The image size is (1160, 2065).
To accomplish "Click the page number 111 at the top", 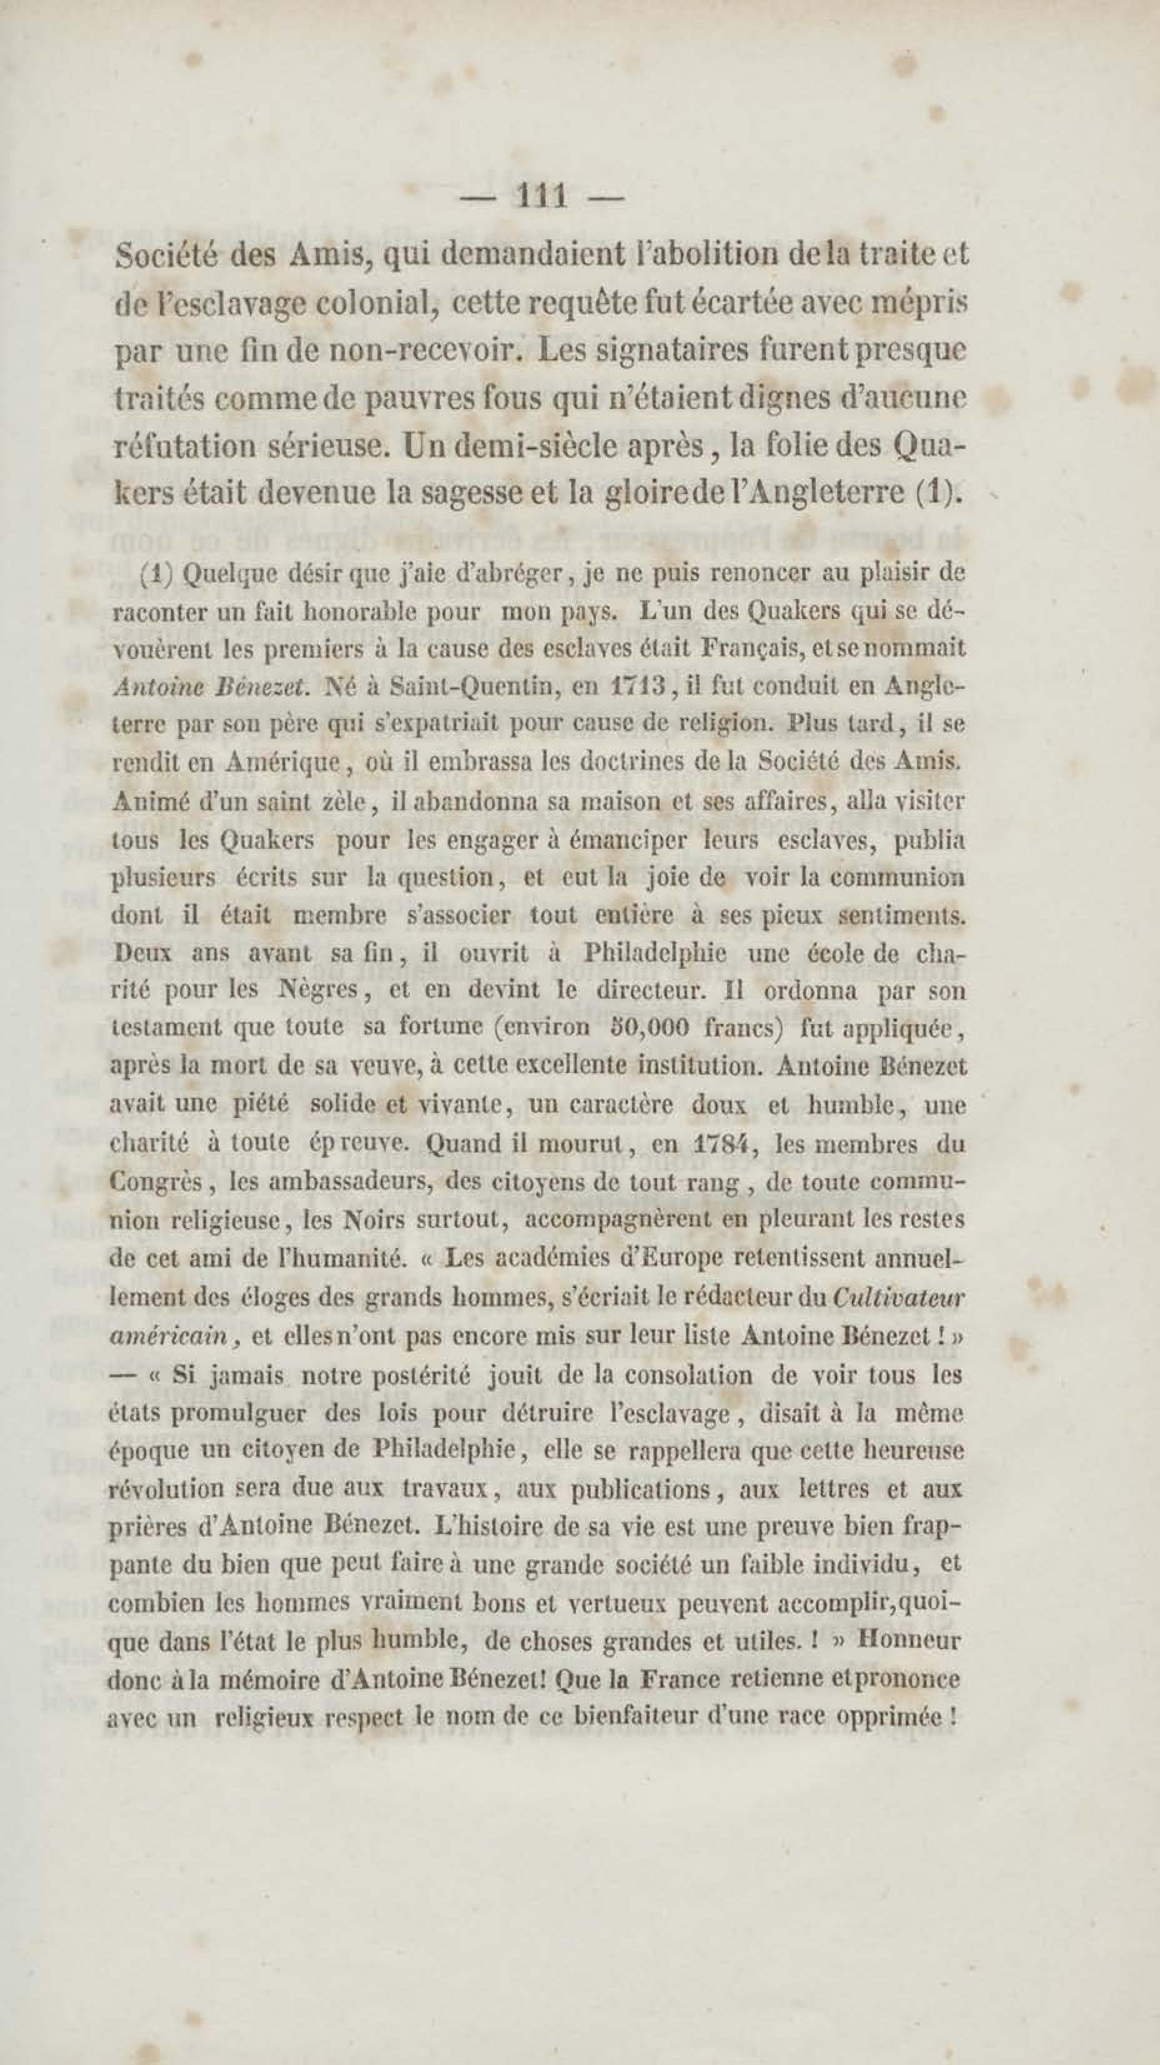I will [543, 196].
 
